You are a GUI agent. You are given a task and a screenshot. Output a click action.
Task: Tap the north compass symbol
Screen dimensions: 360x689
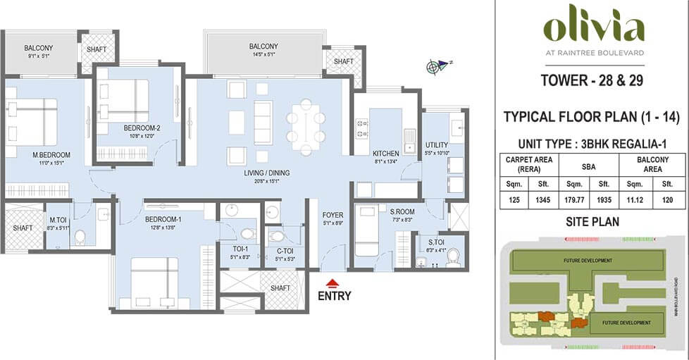point(436,67)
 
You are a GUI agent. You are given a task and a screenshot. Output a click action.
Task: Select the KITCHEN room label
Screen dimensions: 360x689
point(385,154)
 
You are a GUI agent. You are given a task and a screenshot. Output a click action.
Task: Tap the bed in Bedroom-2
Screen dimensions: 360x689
point(124,101)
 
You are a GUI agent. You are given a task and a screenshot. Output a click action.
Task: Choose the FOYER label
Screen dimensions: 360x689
point(332,215)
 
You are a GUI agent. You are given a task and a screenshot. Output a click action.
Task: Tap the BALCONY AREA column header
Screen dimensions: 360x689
point(654,164)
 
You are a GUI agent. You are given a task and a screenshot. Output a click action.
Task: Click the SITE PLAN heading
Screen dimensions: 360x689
point(592,222)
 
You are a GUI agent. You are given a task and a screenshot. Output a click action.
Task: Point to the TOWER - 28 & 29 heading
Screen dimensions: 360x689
point(592,80)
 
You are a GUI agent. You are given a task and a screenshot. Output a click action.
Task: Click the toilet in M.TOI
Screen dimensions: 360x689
point(80,236)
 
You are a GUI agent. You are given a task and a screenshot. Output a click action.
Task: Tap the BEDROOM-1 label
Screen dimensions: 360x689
point(163,219)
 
